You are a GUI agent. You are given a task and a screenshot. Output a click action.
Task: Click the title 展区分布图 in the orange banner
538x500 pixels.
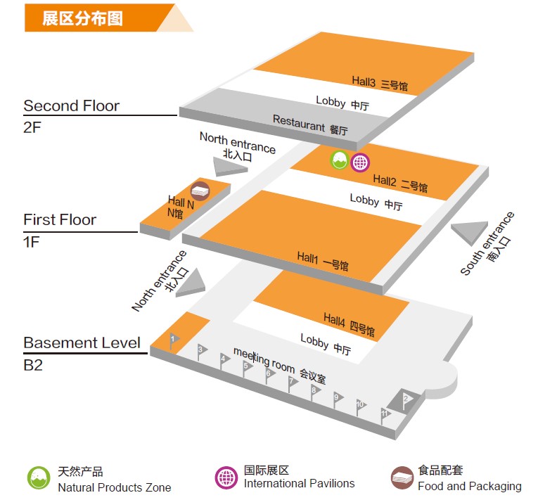pos(82,18)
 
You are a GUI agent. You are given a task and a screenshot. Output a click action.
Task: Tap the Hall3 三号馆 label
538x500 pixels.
pos(380,84)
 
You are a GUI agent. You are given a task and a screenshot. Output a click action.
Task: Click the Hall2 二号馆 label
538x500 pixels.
pos(400,184)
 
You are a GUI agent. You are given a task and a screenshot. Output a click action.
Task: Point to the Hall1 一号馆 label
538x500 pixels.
pos(323,261)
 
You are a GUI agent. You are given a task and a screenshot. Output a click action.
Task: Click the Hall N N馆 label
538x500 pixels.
pos(177,207)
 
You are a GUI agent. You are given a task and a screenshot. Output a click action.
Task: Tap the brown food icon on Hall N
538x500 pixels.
pos(200,190)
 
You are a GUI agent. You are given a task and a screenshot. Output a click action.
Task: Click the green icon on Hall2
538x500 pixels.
pos(339,160)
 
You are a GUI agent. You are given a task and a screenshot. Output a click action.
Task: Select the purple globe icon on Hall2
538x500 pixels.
pos(359,162)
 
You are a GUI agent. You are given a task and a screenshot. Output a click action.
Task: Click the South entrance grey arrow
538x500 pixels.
pos(470,233)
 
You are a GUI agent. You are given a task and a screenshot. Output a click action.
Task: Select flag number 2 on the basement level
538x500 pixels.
pos(406,399)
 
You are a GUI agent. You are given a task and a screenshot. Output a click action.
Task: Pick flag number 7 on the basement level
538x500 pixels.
pos(292,382)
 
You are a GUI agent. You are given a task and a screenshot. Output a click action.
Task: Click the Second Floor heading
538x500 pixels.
pos(71,106)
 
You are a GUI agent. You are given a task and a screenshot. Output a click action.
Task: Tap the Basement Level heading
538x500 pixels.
pos(82,343)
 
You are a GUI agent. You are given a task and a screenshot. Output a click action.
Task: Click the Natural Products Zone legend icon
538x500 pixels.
pos(39,477)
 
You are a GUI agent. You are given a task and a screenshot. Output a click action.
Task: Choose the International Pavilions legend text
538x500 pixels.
pos(299,484)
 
